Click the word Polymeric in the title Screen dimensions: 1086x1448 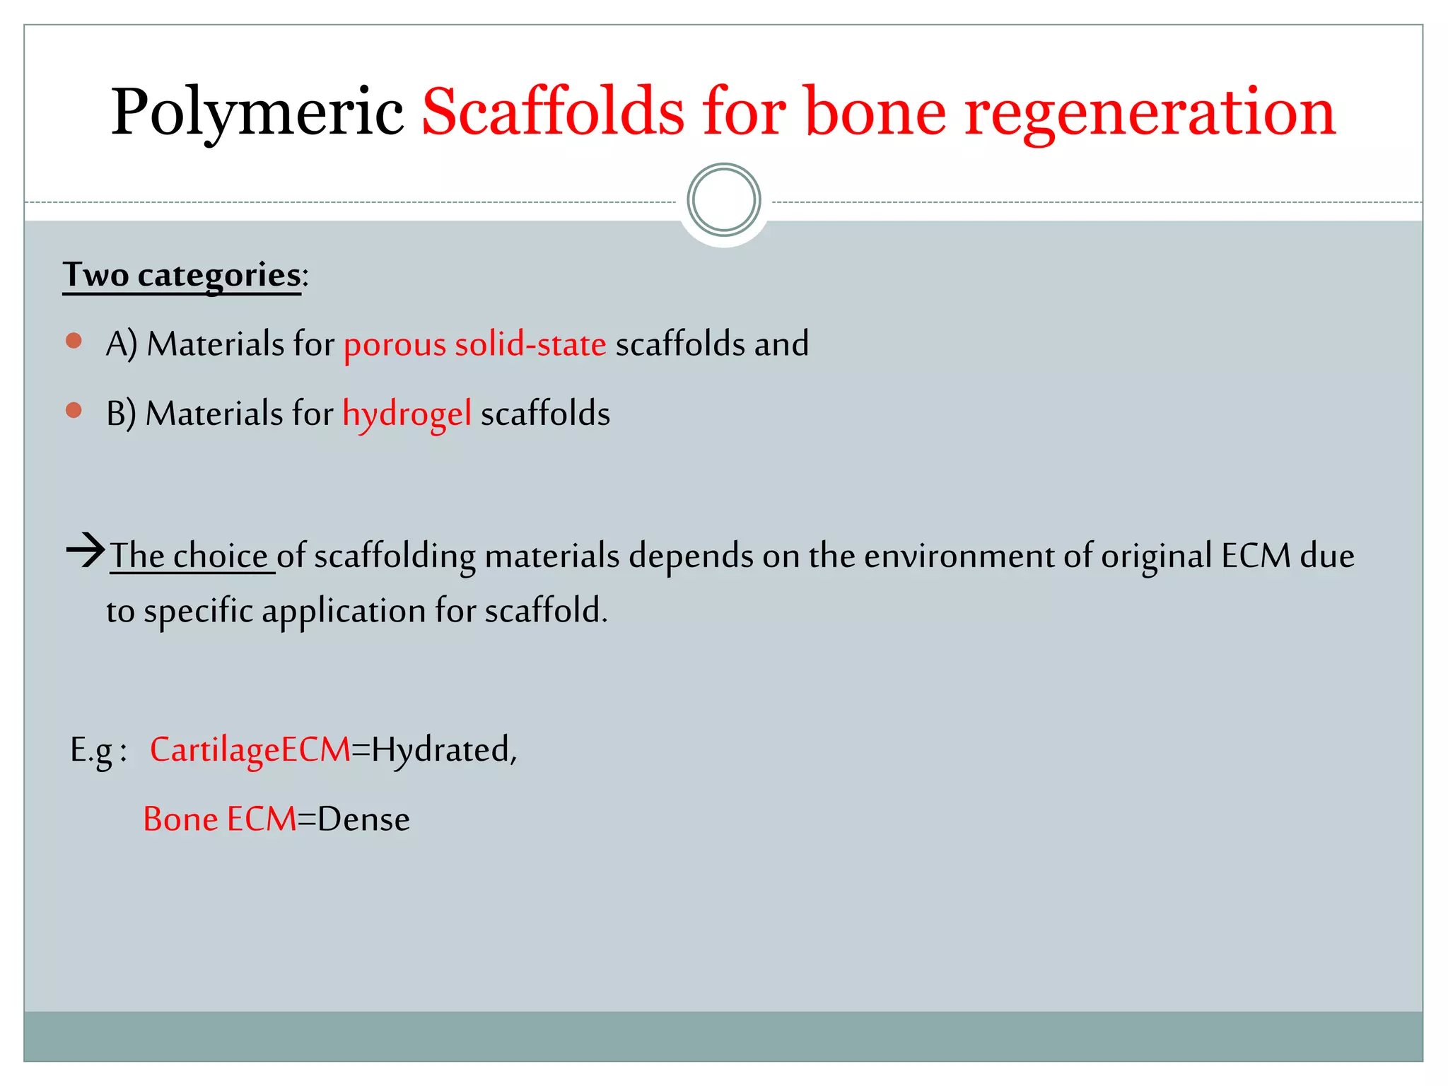(x=257, y=112)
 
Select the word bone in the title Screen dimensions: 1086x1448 (x=875, y=112)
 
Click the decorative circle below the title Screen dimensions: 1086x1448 (x=723, y=200)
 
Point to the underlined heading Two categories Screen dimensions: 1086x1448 (x=182, y=275)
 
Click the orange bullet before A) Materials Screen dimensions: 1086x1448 (x=74, y=341)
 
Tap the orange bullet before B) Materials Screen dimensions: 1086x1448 (x=74, y=410)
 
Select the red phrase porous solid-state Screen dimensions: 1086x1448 (x=474, y=344)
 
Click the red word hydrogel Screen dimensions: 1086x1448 (x=407, y=414)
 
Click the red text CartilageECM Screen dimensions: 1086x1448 (x=250, y=750)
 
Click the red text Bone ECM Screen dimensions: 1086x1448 (x=219, y=819)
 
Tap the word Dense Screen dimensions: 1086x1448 (x=363, y=819)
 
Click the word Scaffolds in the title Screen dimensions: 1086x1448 (x=553, y=112)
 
